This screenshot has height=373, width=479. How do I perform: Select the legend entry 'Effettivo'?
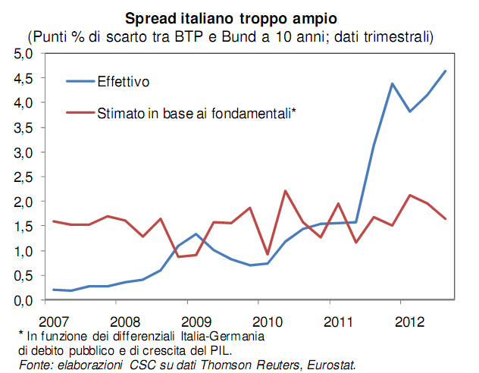[124, 80]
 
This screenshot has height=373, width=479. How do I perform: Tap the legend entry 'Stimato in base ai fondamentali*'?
[196, 113]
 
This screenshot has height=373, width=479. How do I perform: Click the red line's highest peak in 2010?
[284, 191]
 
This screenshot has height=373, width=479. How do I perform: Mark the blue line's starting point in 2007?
[54, 290]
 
